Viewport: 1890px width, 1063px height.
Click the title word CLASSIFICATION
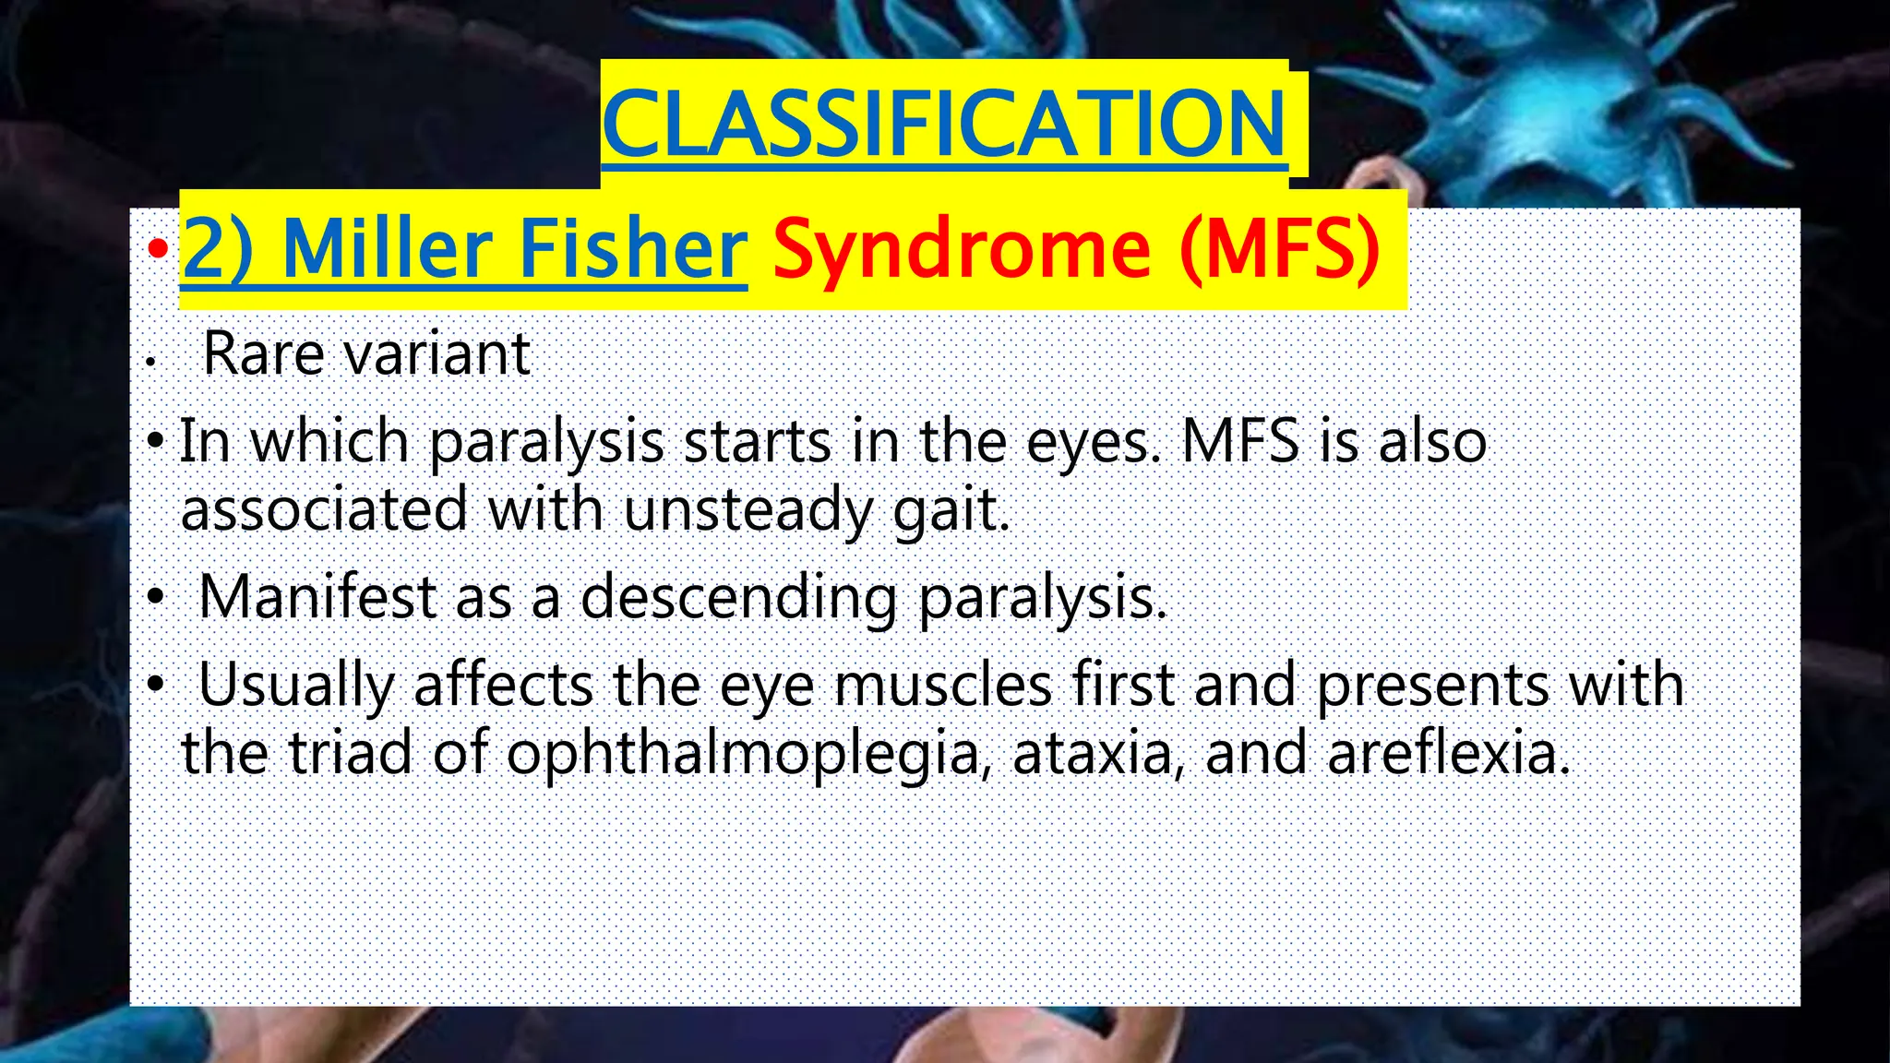pos(943,124)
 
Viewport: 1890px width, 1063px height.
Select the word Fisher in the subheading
pos(632,249)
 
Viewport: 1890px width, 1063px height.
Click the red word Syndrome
pos(962,249)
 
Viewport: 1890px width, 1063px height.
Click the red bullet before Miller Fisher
pos(158,248)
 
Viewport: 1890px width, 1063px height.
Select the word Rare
pos(261,353)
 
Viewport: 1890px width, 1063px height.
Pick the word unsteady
pos(747,510)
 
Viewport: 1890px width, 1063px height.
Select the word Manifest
pos(317,597)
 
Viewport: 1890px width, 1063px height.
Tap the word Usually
pos(296,685)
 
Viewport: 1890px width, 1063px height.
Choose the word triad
pos(350,753)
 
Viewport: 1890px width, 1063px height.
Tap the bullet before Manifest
pos(156,598)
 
